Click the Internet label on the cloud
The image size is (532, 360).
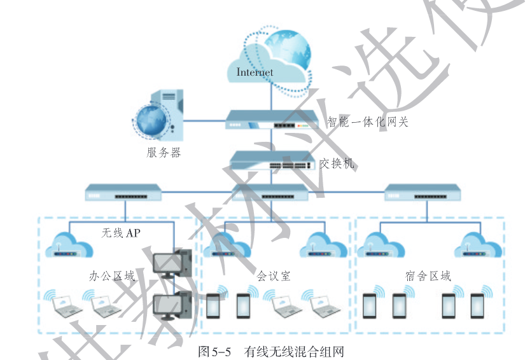point(255,72)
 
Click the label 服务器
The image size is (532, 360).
point(164,153)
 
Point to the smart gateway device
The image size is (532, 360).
point(272,120)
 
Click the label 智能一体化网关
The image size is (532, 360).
point(368,121)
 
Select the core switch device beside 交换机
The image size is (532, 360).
point(272,161)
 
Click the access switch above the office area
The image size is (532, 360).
point(123,191)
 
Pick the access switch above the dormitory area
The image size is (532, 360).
point(423,191)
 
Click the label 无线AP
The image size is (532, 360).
point(121,233)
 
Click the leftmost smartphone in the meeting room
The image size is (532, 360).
point(214,306)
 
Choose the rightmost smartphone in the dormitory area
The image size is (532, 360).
point(477,306)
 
